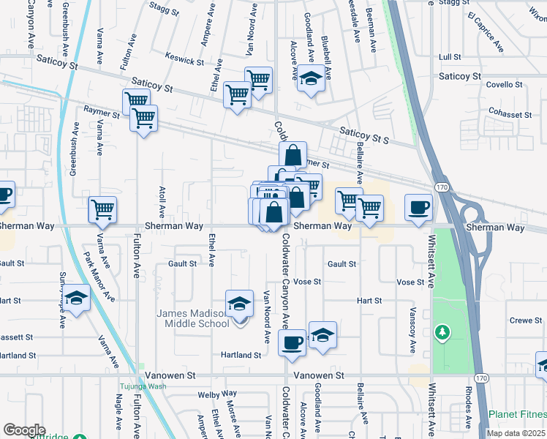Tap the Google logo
24,430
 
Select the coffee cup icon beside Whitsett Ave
418,208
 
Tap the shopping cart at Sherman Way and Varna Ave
102,210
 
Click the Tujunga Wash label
143,387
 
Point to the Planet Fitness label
517,414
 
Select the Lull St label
449,56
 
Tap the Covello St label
505,84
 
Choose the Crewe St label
526,320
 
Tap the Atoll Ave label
162,198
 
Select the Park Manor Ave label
99,277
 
